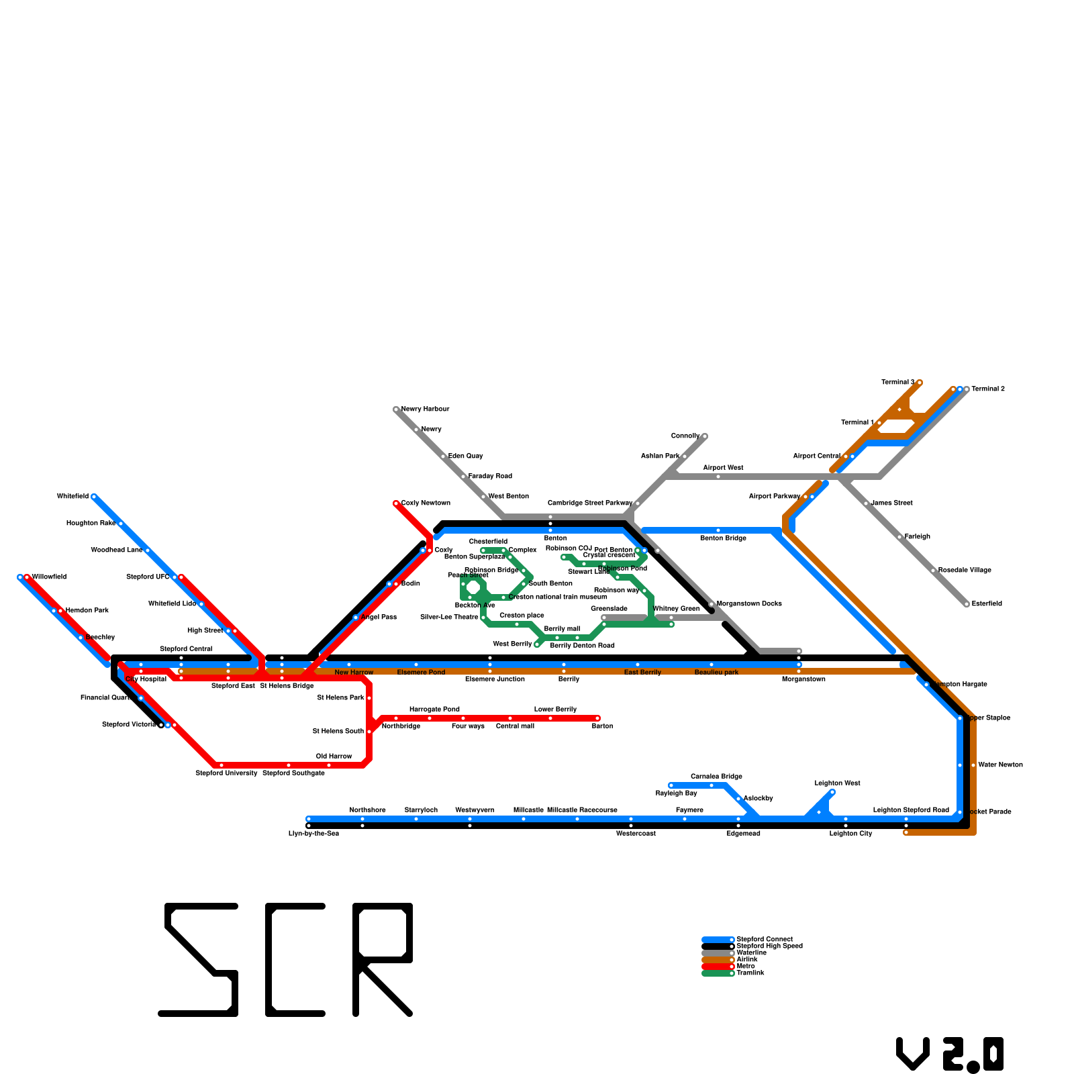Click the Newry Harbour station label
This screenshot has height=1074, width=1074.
[x=425, y=409]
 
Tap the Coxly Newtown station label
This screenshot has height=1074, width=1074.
[x=426, y=503]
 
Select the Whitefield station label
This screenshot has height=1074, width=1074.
[x=72, y=497]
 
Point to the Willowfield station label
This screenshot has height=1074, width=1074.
[x=49, y=577]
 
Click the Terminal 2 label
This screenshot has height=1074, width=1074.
[x=988, y=389]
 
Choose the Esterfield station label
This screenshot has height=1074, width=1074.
[x=987, y=603]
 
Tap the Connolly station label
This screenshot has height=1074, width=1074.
[x=685, y=436]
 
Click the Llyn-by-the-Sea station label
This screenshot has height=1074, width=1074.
[x=313, y=833]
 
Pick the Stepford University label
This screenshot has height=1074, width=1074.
[x=226, y=773]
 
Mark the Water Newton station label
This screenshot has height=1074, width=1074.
[x=1000, y=765]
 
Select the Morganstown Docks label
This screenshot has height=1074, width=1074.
[x=749, y=603]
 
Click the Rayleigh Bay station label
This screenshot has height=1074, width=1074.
[x=676, y=793]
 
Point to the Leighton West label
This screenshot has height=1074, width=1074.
[x=837, y=783]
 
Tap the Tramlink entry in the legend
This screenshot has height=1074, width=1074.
[x=750, y=973]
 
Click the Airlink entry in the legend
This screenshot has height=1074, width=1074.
[x=746, y=959]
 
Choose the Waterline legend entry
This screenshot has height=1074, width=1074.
[x=751, y=953]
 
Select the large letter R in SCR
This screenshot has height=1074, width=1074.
[x=383, y=960]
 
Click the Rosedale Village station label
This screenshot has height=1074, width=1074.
[x=964, y=570]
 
